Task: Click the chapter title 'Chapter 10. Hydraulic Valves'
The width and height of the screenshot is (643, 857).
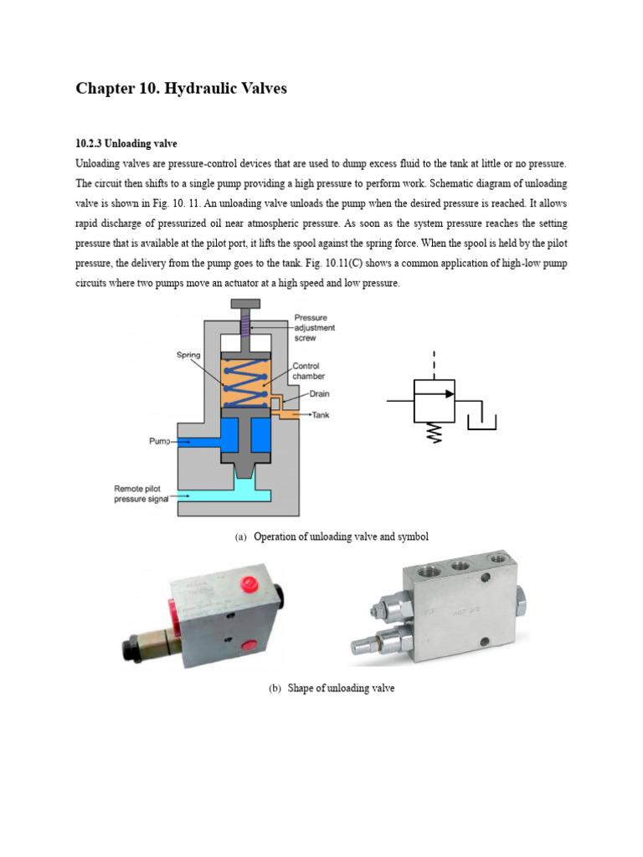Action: [x=181, y=89]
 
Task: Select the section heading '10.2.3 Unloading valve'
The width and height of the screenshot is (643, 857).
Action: [x=126, y=143]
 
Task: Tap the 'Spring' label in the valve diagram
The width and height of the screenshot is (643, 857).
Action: [x=188, y=355]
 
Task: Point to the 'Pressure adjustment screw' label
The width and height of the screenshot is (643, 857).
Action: [x=314, y=328]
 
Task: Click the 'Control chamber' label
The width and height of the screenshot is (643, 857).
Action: [x=308, y=371]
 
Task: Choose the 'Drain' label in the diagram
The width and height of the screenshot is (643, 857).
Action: [x=320, y=395]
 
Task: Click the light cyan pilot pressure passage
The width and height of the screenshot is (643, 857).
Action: [x=226, y=495]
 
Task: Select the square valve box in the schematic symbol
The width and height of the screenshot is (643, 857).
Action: [x=435, y=403]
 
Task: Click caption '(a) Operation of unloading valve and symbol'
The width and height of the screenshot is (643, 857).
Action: [x=332, y=536]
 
